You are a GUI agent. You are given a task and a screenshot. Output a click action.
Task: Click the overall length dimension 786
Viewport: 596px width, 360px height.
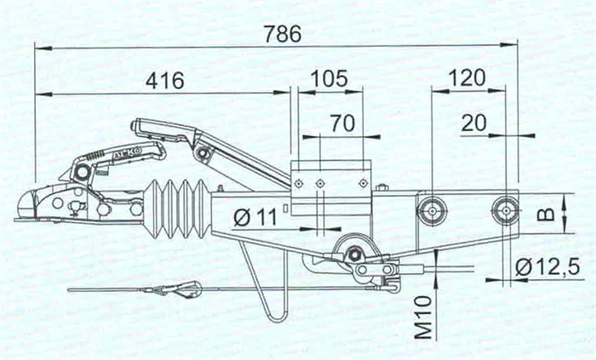click(x=284, y=34)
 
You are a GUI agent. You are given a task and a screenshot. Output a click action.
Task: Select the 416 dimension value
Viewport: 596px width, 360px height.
click(x=165, y=80)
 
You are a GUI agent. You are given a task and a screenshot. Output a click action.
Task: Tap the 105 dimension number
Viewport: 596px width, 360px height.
click(x=329, y=78)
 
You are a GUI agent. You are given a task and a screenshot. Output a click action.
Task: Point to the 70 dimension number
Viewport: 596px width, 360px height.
click(x=343, y=123)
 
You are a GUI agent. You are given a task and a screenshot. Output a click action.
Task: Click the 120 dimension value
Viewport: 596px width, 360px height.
click(x=467, y=77)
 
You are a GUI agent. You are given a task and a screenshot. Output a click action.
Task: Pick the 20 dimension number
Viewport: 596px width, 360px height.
click(x=473, y=123)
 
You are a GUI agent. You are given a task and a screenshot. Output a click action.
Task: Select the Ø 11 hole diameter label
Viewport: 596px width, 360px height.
click(x=255, y=217)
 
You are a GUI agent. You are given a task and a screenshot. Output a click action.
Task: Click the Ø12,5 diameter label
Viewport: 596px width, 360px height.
click(x=547, y=266)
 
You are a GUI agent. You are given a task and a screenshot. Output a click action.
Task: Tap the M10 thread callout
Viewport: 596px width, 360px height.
click(x=424, y=317)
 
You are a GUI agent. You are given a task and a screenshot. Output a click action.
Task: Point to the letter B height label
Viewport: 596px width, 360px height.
click(x=547, y=215)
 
